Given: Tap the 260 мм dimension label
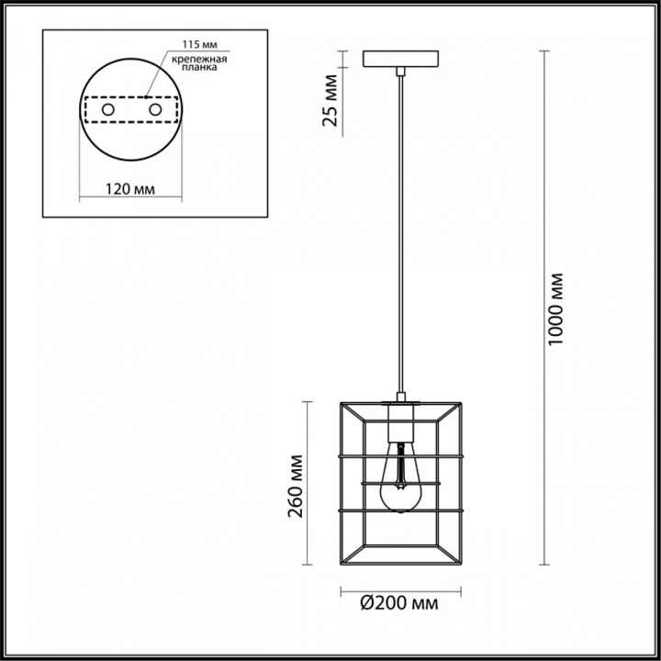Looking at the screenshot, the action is point(296,486).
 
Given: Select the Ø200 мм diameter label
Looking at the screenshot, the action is point(398,603).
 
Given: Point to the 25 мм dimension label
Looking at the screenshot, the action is point(330,100).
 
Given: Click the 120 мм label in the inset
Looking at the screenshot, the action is point(129,189).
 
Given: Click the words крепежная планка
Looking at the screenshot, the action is point(199,62).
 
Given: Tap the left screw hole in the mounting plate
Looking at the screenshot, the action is point(108,109).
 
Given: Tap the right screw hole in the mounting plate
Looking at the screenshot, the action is point(155,109).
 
